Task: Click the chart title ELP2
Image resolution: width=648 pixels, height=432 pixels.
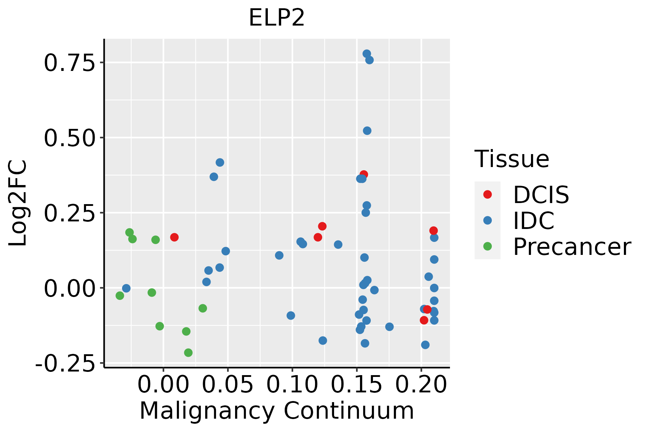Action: [x=276, y=18]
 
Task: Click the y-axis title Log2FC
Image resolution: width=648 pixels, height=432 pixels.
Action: [x=18, y=203]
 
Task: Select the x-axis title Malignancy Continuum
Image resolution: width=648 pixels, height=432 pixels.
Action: [x=276, y=411]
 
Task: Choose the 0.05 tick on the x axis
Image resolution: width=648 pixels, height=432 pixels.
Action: [x=228, y=385]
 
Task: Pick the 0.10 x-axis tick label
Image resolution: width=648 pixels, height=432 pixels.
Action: [x=292, y=385]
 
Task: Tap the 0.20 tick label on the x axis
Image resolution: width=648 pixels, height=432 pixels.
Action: [x=421, y=385]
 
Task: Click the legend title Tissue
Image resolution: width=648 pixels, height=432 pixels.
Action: [x=512, y=159]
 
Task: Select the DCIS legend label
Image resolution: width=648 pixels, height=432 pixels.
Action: [x=541, y=195]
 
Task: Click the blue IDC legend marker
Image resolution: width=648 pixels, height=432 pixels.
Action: [x=487, y=220]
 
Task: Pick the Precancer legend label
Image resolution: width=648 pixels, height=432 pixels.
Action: [x=572, y=247]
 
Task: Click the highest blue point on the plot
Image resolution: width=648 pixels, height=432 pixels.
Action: [x=366, y=54]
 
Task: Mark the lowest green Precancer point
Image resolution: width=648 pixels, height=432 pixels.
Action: [x=188, y=352]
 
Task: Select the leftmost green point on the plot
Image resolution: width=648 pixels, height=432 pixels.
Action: [x=120, y=296]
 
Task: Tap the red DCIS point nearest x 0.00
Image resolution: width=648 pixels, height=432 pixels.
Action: [x=174, y=237]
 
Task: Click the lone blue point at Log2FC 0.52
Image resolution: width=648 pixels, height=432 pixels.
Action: [x=367, y=131]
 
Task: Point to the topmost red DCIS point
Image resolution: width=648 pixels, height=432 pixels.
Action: [x=364, y=174]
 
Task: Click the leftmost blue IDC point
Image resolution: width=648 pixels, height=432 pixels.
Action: [x=126, y=288]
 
